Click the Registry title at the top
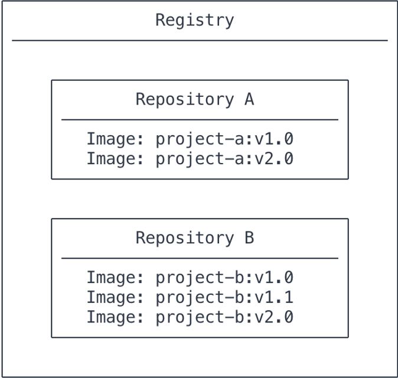[x=195, y=20]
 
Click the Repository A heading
[x=195, y=99]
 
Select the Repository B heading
[x=195, y=238]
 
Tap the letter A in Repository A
[x=249, y=99]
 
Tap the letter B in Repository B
[x=249, y=237]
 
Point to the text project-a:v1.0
[x=224, y=139]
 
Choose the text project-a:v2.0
[x=224, y=159]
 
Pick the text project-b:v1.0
[x=224, y=278]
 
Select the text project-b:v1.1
[x=224, y=297]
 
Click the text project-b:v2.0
[x=224, y=317]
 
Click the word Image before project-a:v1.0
[x=112, y=139]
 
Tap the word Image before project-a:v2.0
[x=112, y=159]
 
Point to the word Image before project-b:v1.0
[x=112, y=278]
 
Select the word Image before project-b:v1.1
[x=112, y=297]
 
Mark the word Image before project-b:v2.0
[x=112, y=317]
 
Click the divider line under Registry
[x=200, y=40]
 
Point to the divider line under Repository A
[x=200, y=119]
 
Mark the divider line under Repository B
[x=200, y=258]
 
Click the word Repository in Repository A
[x=185, y=99]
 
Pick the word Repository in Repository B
[x=185, y=238]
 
